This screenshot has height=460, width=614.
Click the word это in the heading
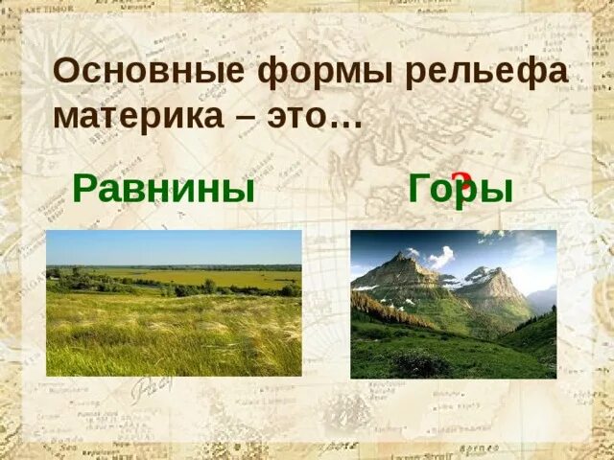(300, 117)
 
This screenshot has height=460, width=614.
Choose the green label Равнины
(163, 189)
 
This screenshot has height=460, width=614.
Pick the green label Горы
(460, 190)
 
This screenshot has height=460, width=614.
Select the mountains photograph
(453, 304)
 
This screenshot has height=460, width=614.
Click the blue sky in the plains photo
(174, 247)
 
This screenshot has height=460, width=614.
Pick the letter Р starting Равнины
(84, 189)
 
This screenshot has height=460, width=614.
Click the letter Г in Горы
(421, 188)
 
